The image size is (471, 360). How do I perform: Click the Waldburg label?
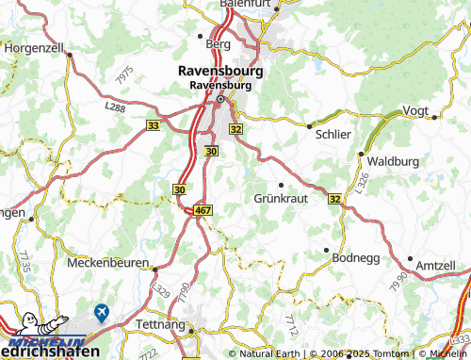393,161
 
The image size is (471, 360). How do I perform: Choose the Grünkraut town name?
281,199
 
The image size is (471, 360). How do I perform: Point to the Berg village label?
218,43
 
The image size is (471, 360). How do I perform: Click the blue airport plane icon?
101,310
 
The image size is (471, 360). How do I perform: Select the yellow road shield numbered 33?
154,123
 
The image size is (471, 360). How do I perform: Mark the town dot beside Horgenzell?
69,55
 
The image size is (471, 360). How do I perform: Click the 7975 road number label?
121,80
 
